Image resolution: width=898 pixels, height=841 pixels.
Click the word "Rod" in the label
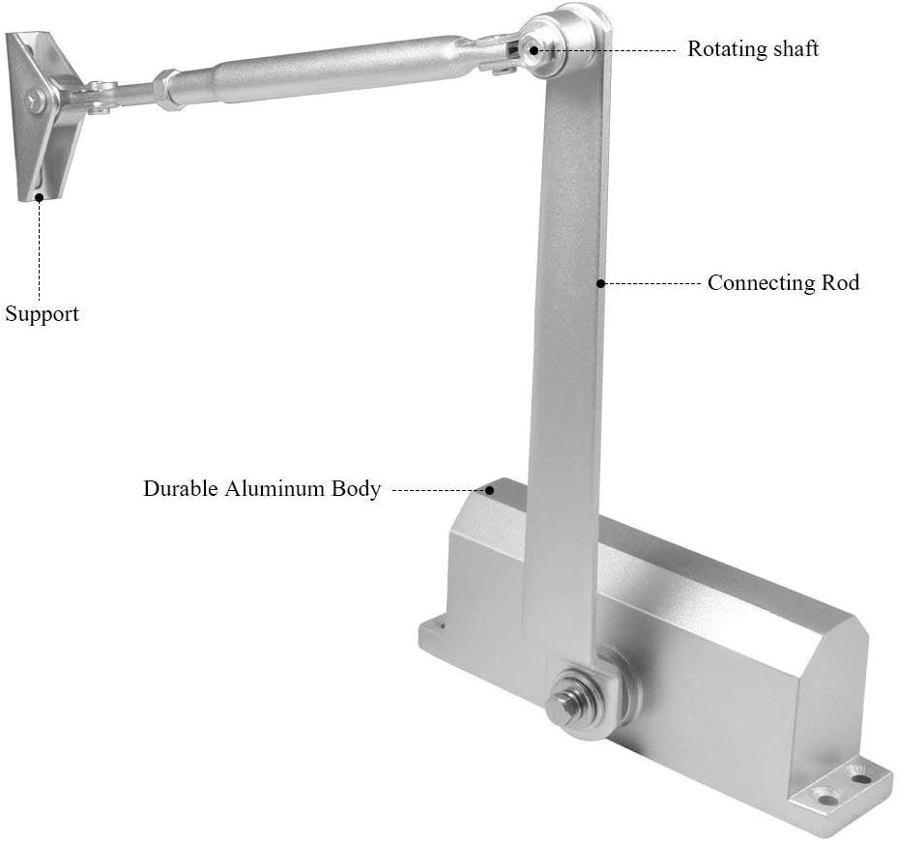pos(841,282)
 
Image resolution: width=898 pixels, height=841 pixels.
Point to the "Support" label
pos(42,314)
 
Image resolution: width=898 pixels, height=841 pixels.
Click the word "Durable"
pos(181,489)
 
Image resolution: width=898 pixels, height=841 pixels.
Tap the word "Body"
pos(357,490)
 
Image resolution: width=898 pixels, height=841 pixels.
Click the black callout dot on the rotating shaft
pos(534,50)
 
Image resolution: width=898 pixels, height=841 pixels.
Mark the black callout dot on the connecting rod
pos(600,283)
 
